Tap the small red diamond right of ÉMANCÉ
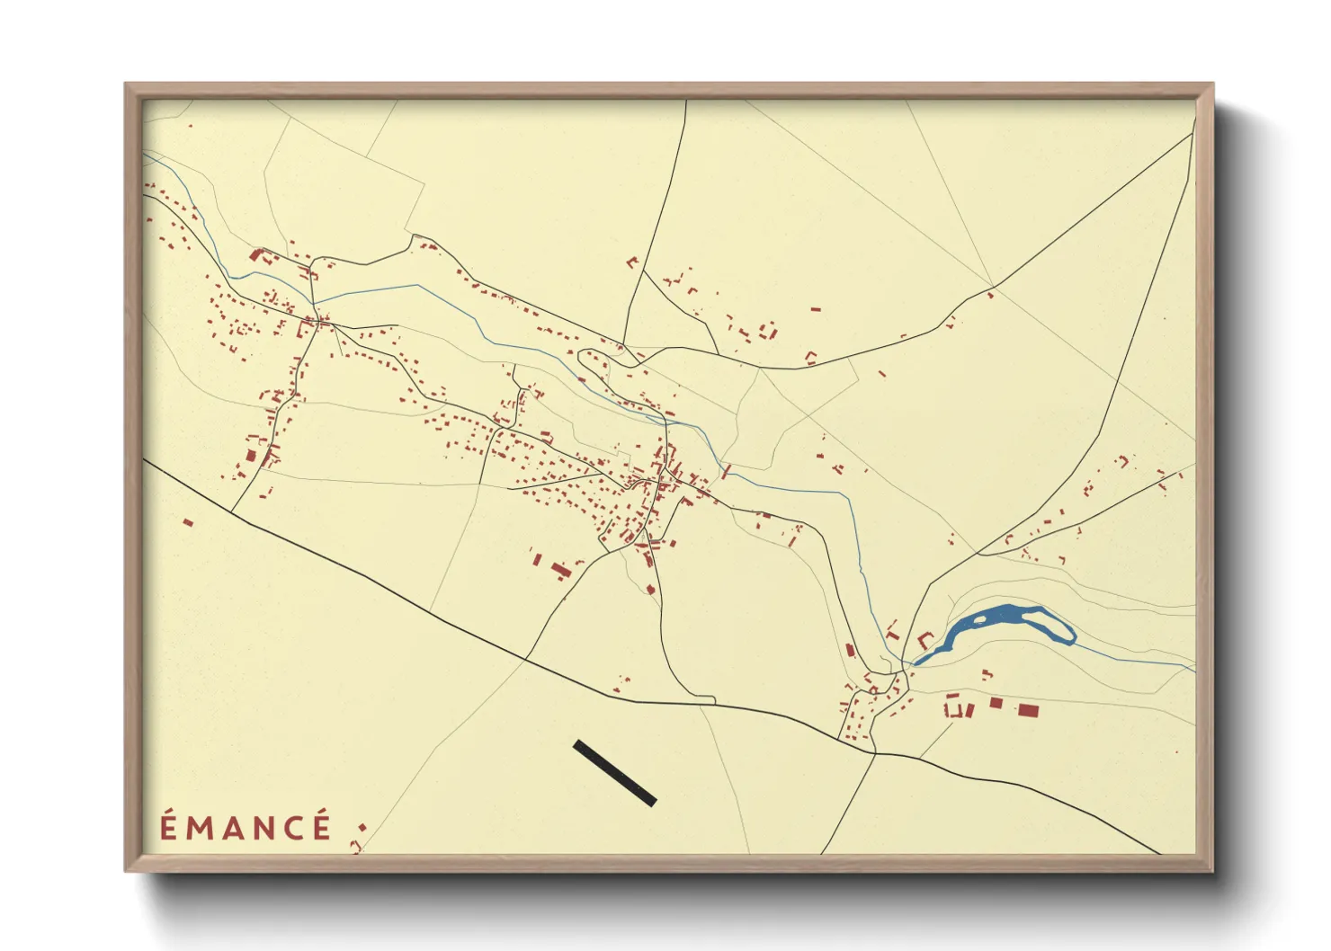pos(362,827)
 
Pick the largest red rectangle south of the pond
pos(1028,710)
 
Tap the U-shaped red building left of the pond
pos(925,641)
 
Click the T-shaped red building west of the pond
pos(892,633)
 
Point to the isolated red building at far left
pos(188,522)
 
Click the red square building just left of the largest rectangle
pos(996,703)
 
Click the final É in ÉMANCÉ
pos(322,826)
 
